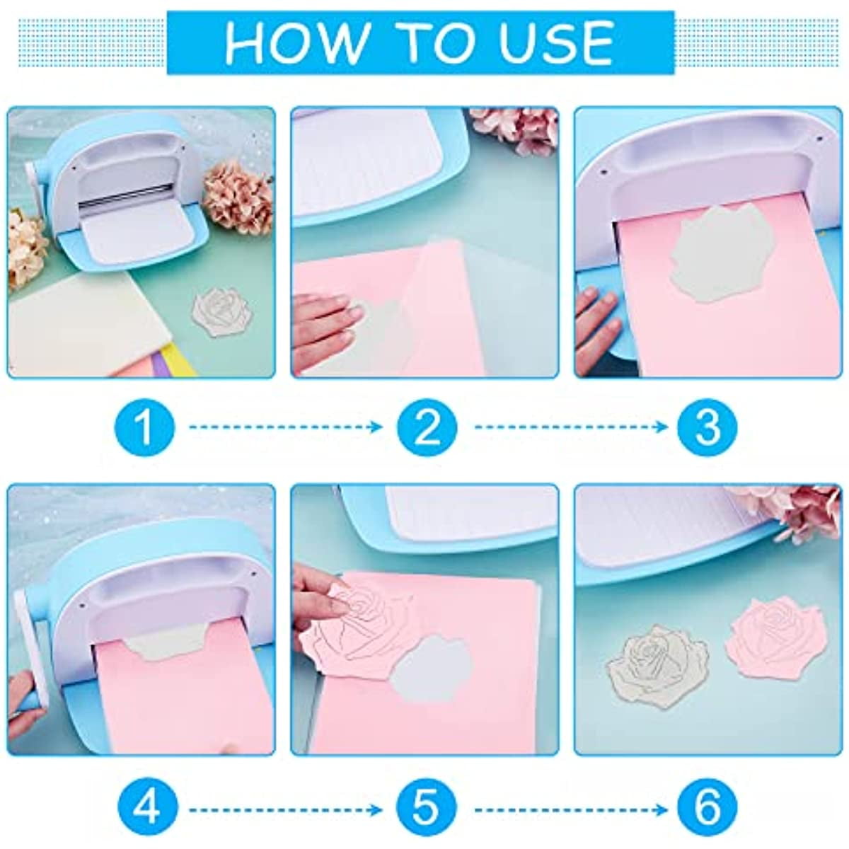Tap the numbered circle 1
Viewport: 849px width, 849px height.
[x=144, y=427]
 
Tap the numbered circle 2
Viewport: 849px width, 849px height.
[x=427, y=427]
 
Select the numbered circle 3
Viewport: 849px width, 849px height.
[x=707, y=427]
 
